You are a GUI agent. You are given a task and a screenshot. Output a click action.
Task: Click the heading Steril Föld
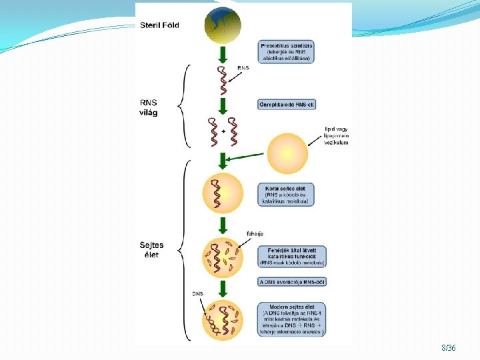(x=159, y=25)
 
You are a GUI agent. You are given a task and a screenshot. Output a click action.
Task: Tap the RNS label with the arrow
(x=243, y=68)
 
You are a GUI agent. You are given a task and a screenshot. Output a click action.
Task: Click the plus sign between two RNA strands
(x=223, y=131)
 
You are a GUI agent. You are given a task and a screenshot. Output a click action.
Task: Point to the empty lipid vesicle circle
(x=288, y=153)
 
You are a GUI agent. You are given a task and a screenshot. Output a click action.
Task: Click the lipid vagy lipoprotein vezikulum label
(x=336, y=135)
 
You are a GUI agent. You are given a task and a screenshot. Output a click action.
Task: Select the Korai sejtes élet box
(x=285, y=194)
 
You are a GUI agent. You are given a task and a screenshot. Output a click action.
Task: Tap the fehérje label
(x=255, y=233)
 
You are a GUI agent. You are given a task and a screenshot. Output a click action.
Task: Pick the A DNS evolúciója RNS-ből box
(x=292, y=282)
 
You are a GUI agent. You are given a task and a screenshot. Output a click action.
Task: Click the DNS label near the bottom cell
(x=197, y=293)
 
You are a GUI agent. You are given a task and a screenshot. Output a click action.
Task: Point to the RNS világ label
(x=150, y=107)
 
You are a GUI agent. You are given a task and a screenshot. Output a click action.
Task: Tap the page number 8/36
(x=448, y=348)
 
